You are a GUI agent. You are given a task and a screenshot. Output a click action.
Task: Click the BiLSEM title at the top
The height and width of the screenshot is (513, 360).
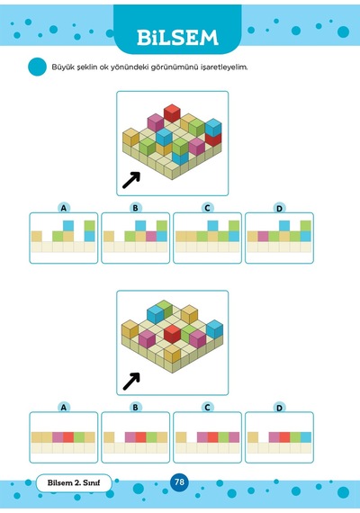pyautogui.click(x=177, y=37)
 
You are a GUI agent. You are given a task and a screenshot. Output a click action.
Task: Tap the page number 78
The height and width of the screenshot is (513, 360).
pyautogui.click(x=179, y=481)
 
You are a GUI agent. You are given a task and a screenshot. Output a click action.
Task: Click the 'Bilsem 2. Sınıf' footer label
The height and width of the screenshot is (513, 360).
pyautogui.click(x=74, y=483)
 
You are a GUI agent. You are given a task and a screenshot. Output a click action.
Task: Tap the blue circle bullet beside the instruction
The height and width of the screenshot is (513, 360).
pyautogui.click(x=37, y=67)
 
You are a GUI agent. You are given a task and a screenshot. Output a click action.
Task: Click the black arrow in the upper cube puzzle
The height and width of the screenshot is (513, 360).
pyautogui.click(x=131, y=180)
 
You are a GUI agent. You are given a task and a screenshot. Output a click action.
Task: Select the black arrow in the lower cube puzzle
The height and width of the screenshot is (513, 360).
pyautogui.click(x=131, y=382)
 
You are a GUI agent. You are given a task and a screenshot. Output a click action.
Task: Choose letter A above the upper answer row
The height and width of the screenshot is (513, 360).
pyautogui.click(x=64, y=208)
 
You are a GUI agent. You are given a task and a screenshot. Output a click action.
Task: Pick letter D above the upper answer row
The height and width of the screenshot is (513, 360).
pyautogui.click(x=279, y=209)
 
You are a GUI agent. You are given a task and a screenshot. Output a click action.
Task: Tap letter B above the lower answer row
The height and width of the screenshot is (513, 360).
pyautogui.click(x=135, y=408)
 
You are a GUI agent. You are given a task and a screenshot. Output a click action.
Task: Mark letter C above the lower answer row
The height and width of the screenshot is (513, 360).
pyautogui.click(x=207, y=408)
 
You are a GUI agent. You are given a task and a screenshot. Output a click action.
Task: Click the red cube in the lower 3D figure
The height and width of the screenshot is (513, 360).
pyautogui.click(x=173, y=333)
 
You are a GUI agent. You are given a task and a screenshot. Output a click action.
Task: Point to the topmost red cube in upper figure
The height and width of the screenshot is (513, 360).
pyautogui.click(x=172, y=113)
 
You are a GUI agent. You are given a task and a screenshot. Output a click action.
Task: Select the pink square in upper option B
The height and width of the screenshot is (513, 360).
pyautogui.click(x=151, y=236)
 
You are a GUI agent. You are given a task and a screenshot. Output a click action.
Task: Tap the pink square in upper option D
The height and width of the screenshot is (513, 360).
pyautogui.click(x=263, y=236)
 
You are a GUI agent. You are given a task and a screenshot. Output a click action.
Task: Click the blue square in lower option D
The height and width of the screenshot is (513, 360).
pyautogui.click(x=306, y=437)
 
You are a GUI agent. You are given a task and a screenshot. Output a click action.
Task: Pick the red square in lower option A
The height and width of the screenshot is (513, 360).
pyautogui.click(x=68, y=437)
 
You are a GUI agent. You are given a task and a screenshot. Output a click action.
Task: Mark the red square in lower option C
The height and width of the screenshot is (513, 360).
pyautogui.click(x=212, y=437)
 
